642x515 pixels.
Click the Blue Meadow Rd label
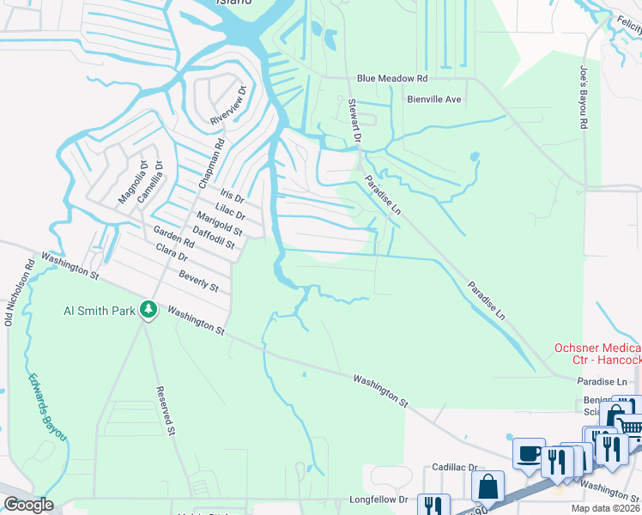click(x=391, y=78)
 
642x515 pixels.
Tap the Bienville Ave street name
click(x=434, y=100)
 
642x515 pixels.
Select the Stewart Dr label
click(x=355, y=120)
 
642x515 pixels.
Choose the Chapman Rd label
click(x=210, y=162)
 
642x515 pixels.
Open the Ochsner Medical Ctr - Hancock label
click(x=597, y=357)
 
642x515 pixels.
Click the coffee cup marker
click(x=528, y=452)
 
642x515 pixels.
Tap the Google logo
click(x=28, y=504)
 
